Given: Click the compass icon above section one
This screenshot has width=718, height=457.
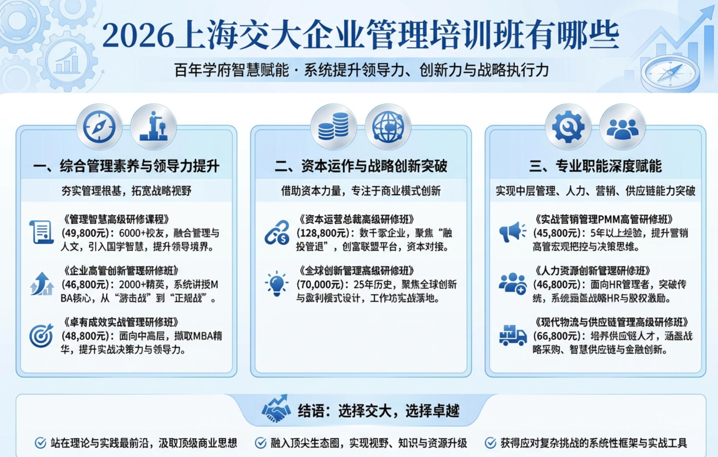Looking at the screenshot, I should pyautogui.click(x=99, y=127).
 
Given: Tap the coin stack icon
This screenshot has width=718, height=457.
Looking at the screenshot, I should pyautogui.click(x=333, y=127).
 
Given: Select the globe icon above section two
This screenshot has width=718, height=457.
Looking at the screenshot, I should pyautogui.click(x=388, y=127).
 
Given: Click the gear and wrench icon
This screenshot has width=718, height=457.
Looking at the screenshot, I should pyautogui.click(x=568, y=127).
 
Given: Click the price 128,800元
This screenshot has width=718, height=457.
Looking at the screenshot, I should pyautogui.click(x=323, y=233).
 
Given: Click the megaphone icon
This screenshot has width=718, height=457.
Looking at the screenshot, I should pyautogui.click(x=512, y=232).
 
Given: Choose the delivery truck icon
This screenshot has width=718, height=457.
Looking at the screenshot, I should pyautogui.click(x=513, y=336).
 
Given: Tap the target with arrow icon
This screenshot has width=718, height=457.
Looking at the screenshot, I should pyautogui.click(x=41, y=336).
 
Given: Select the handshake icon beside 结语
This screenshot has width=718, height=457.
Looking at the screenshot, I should pyautogui.click(x=276, y=409).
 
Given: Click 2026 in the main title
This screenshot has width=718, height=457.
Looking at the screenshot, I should pyautogui.click(x=138, y=36).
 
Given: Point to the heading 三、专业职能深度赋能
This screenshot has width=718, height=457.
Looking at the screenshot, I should pyautogui.click(x=595, y=166).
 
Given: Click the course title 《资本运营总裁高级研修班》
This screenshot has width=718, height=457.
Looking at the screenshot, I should pyautogui.click(x=357, y=220).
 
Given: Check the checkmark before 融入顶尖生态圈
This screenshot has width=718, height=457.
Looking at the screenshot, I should pyautogui.click(x=260, y=443).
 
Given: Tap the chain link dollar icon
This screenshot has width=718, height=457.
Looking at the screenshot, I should pyautogui.click(x=277, y=233).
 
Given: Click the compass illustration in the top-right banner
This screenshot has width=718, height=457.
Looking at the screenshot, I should pyautogui.click(x=670, y=73).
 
